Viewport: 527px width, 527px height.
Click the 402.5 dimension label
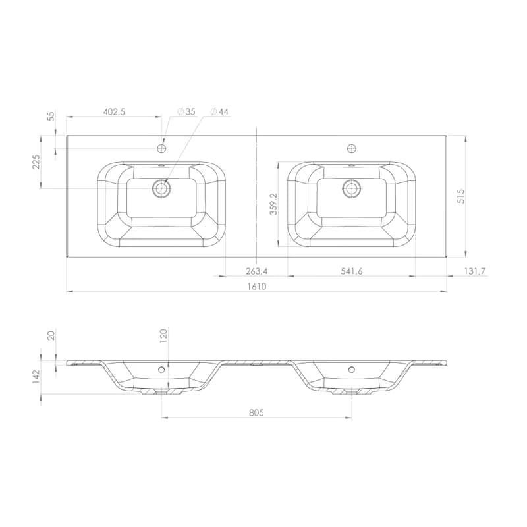(114, 112)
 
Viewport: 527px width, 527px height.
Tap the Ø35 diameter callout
(186, 111)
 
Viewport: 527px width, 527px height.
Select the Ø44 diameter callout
(219, 111)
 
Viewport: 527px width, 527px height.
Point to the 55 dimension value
(51, 117)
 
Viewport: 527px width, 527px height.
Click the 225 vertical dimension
(36, 161)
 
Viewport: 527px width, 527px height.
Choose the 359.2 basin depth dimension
(274, 204)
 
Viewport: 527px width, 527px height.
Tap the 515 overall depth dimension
(461, 196)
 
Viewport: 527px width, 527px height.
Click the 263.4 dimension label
(256, 271)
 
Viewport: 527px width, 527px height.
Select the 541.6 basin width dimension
(352, 271)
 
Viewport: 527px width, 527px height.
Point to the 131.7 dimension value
(475, 271)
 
